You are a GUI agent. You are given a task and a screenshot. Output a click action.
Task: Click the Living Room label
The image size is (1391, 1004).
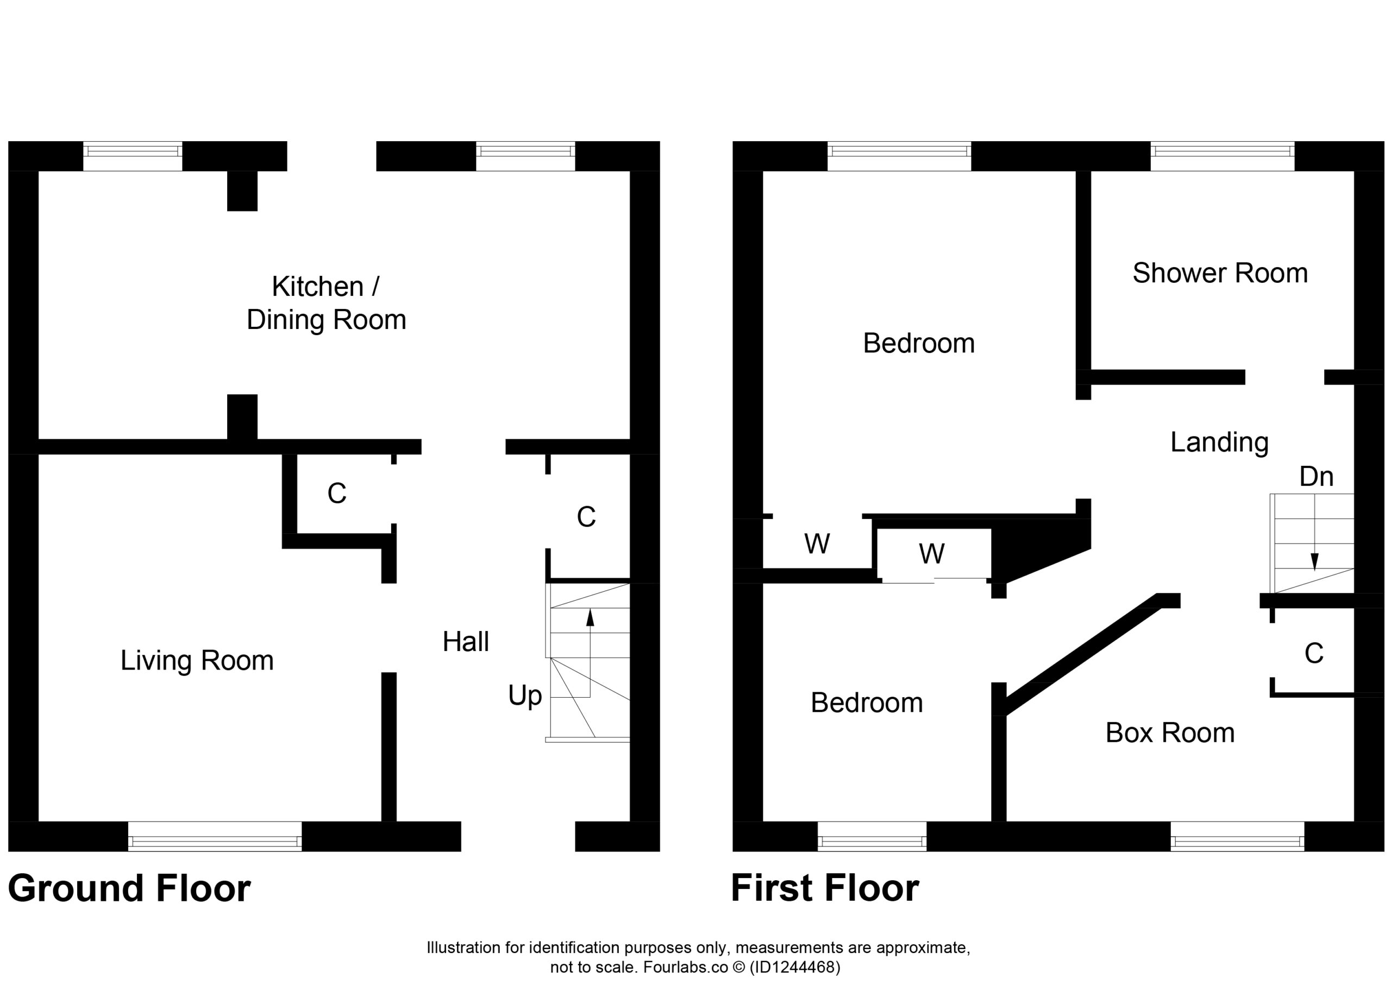point(197,661)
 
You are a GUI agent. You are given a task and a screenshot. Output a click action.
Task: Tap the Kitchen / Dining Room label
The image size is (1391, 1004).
point(326,304)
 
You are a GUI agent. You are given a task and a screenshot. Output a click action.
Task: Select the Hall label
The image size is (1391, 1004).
point(466,642)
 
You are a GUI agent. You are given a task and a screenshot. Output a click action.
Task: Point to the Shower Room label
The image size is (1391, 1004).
point(1220,273)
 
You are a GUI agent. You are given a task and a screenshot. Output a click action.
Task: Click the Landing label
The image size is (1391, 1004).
point(1219,443)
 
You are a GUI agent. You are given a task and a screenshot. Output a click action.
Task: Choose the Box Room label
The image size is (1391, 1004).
point(1170,733)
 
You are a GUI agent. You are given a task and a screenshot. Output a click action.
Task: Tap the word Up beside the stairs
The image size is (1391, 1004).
point(525,696)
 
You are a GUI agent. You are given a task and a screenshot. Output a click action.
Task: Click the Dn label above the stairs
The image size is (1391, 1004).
point(1316,477)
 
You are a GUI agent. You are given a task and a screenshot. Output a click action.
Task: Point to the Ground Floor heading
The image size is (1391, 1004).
point(129,889)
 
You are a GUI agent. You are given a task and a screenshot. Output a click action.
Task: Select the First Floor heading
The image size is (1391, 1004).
point(825,889)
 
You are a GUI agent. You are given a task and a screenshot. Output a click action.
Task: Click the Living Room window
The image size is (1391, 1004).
point(215,836)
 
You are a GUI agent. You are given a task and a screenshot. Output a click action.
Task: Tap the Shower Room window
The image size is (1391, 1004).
point(1223,156)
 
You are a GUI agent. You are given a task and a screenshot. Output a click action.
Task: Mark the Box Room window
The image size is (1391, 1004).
point(1237,836)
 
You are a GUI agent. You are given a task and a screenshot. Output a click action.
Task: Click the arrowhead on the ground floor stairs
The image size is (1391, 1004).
point(590,617)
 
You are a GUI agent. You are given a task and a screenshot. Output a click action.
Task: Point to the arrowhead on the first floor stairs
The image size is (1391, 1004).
point(1314,562)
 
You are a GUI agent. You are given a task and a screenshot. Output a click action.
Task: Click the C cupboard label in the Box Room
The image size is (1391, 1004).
point(1314,654)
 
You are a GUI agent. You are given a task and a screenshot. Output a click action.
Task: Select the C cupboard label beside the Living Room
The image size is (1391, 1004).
point(337,494)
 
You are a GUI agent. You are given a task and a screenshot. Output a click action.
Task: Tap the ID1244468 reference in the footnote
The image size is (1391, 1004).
point(795,967)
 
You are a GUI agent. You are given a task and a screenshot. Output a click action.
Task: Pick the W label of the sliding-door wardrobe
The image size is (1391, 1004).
point(932,554)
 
